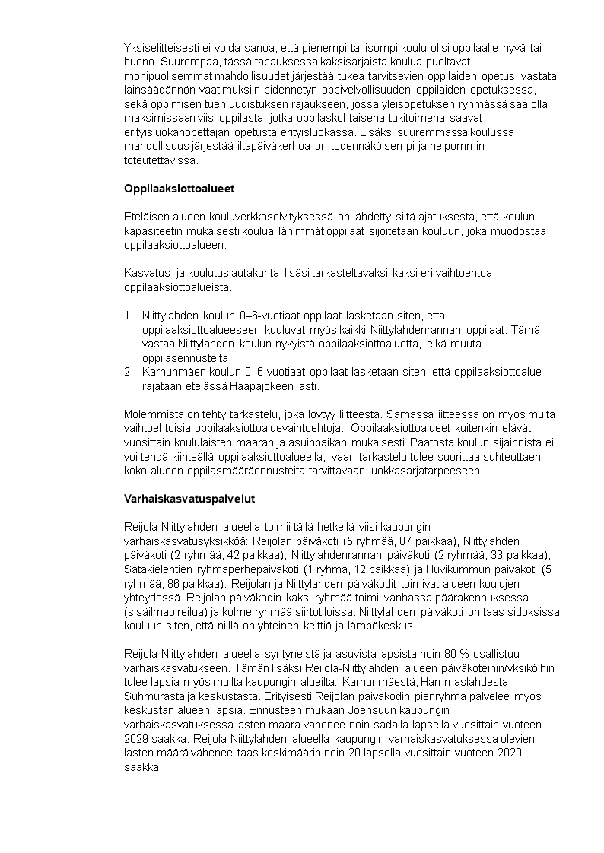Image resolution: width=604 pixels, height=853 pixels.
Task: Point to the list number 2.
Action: click(x=128, y=372)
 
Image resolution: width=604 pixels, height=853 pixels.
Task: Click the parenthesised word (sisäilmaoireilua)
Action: click(x=165, y=612)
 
